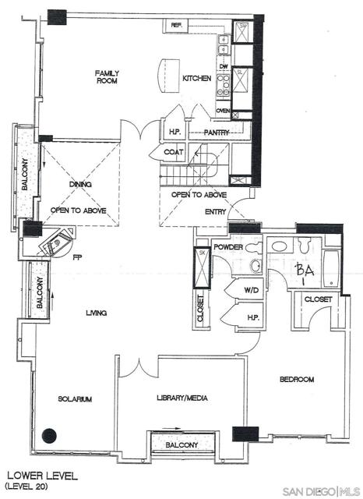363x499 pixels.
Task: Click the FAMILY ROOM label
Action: tap(107, 77)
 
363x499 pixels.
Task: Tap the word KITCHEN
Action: tap(196, 79)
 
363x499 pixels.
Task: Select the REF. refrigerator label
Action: tap(177, 25)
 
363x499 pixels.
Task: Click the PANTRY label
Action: tap(217, 133)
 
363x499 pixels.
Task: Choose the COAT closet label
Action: tap(174, 152)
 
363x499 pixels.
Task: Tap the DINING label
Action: tap(80, 185)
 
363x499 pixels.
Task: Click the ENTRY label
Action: tap(215, 211)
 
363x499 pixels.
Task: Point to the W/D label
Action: tap(251, 290)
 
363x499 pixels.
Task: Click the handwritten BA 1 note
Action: tap(305, 272)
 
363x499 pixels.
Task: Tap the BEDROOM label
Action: tap(296, 380)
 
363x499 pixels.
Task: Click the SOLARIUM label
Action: tap(75, 398)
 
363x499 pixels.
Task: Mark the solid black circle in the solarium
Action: tap(51, 437)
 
